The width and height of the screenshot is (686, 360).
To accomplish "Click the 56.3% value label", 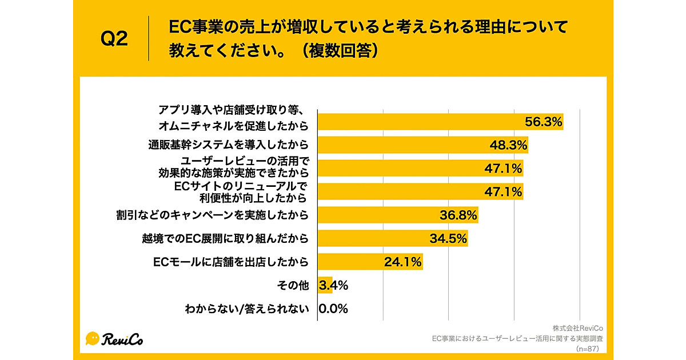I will tap(544, 122).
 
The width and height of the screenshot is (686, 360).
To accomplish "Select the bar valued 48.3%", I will tap(423, 145).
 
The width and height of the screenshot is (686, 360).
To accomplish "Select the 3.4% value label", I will tap(334, 285).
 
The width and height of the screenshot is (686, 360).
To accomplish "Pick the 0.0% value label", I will tap(333, 309).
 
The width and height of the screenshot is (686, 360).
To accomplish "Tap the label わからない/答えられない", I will tap(246, 309).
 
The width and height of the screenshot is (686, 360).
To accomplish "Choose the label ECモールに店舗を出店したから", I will tap(231, 262).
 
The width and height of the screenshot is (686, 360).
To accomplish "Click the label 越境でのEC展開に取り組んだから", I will tap(225, 238).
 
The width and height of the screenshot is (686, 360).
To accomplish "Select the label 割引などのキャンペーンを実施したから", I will tap(212, 215).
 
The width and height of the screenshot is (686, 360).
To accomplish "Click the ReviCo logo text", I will tap(123, 339).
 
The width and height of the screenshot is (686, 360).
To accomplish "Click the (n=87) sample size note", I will tap(589, 348).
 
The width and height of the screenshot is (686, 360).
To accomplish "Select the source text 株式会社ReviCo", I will tap(578, 328).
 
